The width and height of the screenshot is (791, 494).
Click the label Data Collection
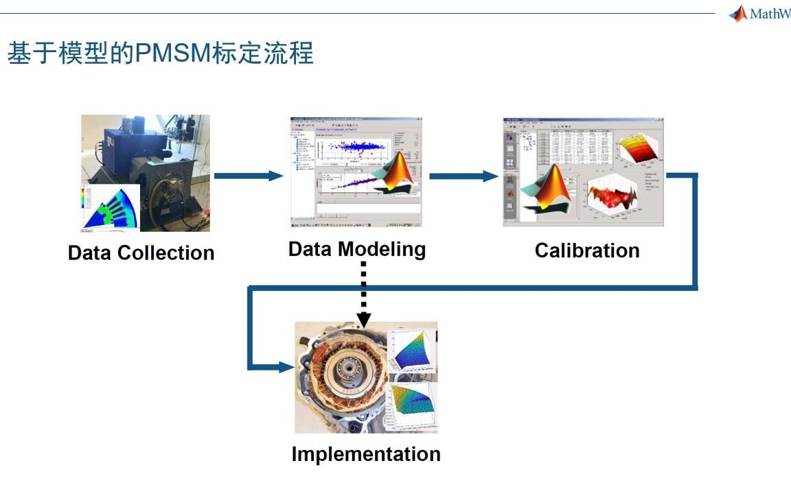[x=141, y=252]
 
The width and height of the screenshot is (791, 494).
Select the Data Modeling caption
[x=356, y=248]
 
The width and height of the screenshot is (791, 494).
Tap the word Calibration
[x=587, y=250]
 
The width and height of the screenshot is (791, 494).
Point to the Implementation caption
[x=366, y=454]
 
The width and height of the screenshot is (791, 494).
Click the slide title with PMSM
[x=160, y=53]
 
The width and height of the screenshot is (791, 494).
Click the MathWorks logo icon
[x=738, y=14]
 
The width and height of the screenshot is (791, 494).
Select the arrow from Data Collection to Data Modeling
[x=248, y=176]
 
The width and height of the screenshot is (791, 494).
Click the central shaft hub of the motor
[x=349, y=377]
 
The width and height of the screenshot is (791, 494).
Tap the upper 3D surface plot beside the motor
[x=411, y=351]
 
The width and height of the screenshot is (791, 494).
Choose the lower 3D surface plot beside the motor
[x=413, y=405]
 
